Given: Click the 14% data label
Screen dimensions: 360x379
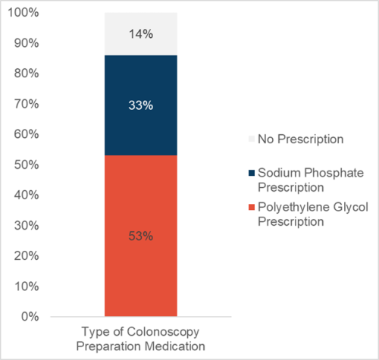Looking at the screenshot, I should (141, 34).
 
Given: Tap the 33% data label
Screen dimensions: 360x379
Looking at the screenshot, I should (141, 105).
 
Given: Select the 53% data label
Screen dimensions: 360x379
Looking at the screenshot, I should (141, 236).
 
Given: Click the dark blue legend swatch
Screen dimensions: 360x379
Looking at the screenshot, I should (252, 172).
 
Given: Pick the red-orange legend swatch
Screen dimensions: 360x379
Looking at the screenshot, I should (252, 208).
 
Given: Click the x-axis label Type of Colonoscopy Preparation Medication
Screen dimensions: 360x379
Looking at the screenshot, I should (141, 338).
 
